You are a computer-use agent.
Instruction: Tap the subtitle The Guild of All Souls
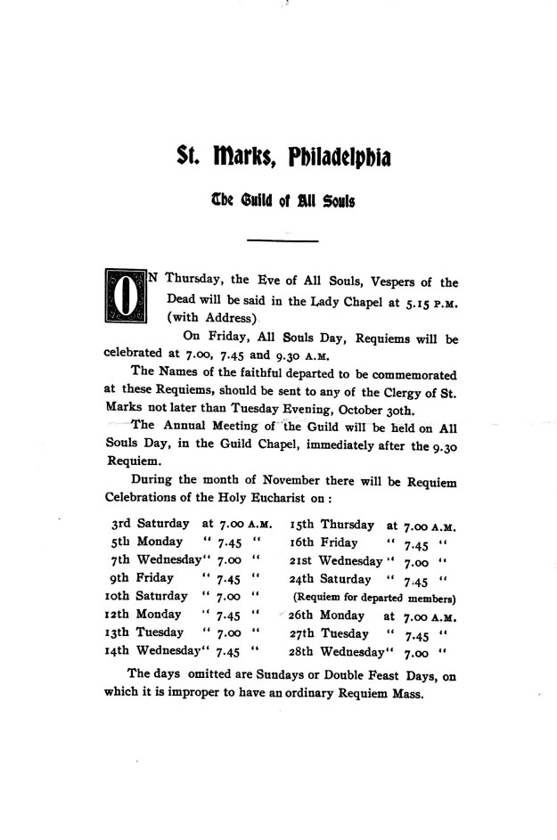283,201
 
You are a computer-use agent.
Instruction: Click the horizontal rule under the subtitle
282,241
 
